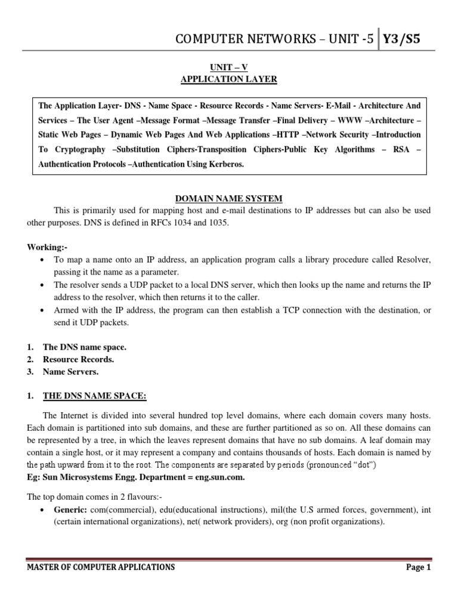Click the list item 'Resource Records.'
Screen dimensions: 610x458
point(78,359)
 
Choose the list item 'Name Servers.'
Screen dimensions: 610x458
point(70,372)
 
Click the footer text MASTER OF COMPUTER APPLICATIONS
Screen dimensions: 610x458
point(101,568)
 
